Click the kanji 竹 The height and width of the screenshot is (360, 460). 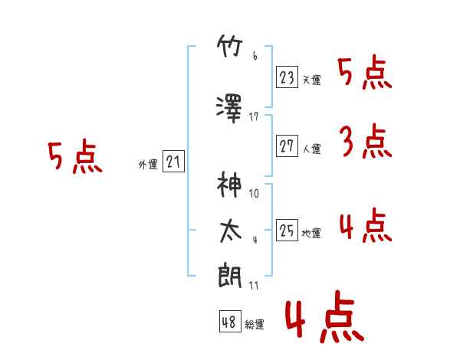tap(230, 46)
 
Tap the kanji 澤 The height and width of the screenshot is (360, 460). tap(229, 109)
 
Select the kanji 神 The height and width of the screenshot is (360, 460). tap(229, 185)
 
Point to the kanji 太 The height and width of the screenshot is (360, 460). tap(231, 231)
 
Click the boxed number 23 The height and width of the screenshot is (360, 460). tap(287, 77)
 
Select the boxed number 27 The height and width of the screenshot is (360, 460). tap(287, 146)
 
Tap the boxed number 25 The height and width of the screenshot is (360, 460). tap(287, 230)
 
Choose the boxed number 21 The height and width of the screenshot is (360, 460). tap(173, 162)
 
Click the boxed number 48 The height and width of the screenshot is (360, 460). tap(230, 321)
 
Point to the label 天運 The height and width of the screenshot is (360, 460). tap(312, 80)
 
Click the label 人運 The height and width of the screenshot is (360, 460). tap(312, 149)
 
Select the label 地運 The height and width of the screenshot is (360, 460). tap(311, 233)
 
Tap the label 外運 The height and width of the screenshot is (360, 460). tap(148, 165)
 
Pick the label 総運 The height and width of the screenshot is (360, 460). tap(255, 324)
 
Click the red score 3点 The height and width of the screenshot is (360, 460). tap(366, 141)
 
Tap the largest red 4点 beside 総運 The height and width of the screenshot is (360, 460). tap(324, 316)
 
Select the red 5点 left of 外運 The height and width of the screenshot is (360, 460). tap(75, 156)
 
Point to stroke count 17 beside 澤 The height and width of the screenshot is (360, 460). tap(254, 116)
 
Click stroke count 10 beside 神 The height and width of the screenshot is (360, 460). tap(254, 193)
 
